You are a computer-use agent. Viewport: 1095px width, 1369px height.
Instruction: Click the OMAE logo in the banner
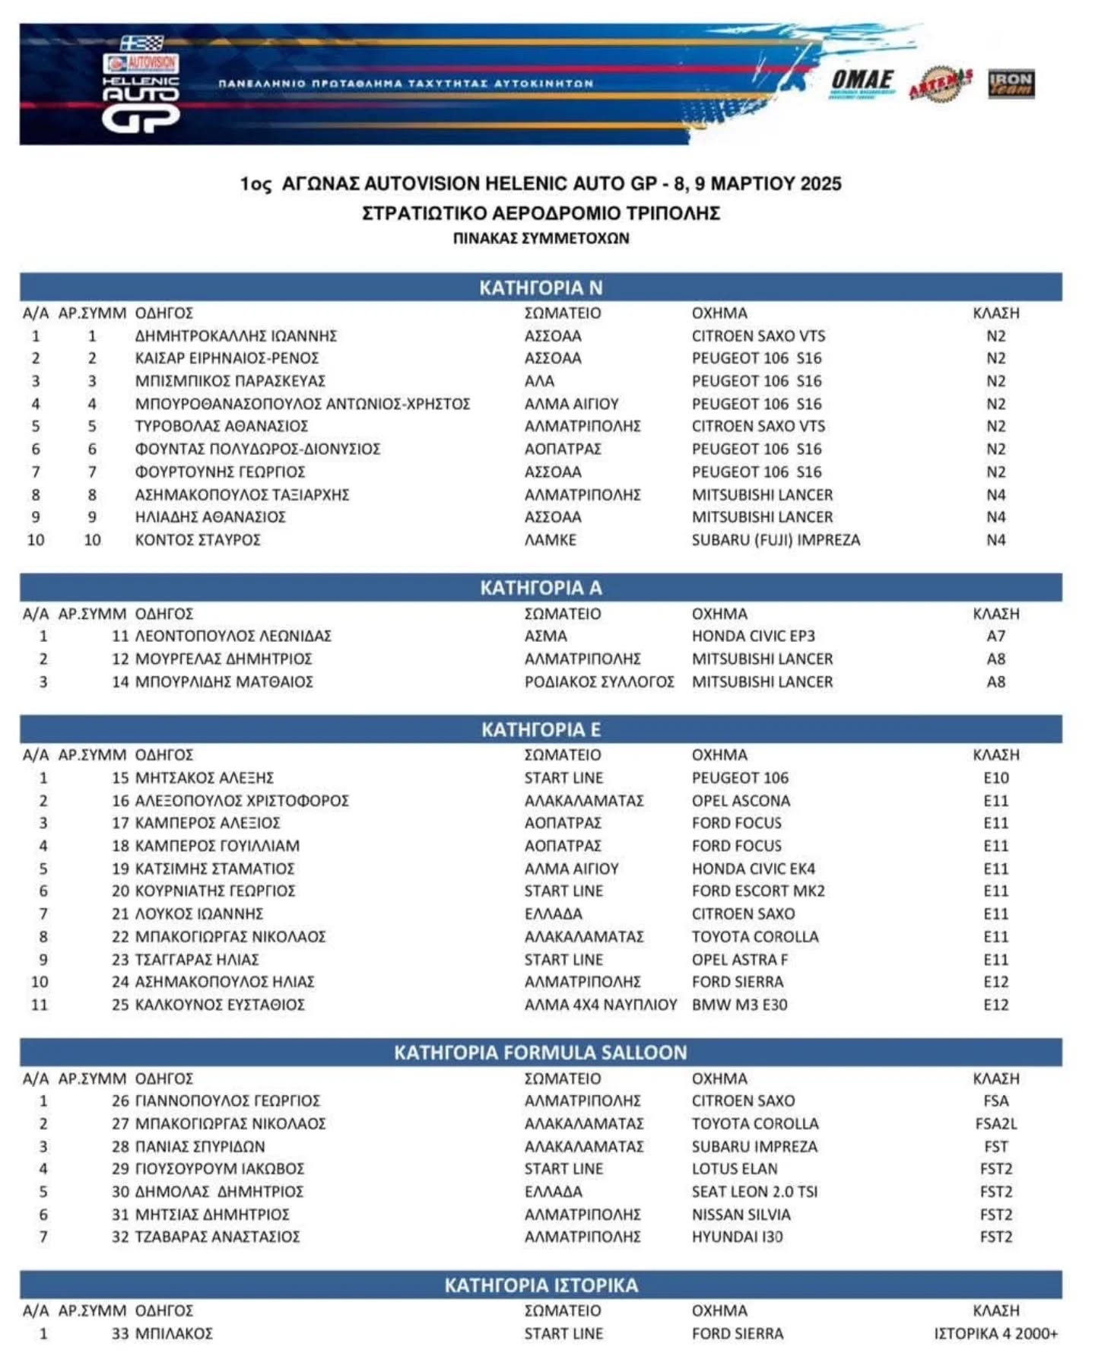862,82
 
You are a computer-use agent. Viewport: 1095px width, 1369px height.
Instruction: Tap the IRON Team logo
1011,84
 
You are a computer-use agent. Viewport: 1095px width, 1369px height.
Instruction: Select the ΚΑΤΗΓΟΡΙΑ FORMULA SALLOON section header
540,1053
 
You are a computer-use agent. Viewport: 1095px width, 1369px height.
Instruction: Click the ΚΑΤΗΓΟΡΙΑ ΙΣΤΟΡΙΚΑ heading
540,1285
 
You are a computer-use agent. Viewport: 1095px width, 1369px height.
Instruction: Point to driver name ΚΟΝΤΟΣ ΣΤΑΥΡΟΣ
198,540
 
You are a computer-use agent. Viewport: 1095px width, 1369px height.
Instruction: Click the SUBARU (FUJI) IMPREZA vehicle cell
776,540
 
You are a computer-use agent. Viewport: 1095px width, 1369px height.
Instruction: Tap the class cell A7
995,636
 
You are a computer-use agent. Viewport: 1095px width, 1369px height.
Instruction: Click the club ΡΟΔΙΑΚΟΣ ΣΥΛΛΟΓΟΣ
599,681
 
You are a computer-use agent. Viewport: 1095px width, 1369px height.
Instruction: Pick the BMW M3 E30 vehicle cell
739,1005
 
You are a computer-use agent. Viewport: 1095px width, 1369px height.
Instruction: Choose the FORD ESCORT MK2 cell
758,891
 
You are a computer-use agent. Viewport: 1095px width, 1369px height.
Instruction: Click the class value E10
995,778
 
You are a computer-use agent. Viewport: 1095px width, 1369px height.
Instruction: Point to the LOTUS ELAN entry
735,1169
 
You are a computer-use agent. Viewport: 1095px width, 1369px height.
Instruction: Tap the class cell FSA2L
995,1123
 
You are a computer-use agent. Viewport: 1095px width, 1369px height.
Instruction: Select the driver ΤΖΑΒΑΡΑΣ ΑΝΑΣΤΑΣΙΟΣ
217,1237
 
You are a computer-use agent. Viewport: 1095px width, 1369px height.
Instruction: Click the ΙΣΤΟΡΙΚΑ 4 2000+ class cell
995,1333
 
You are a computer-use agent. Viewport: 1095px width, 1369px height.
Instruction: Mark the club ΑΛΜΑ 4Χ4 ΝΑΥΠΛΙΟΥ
600,1005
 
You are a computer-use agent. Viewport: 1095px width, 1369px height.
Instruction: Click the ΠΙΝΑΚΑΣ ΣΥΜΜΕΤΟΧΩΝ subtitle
541,238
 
